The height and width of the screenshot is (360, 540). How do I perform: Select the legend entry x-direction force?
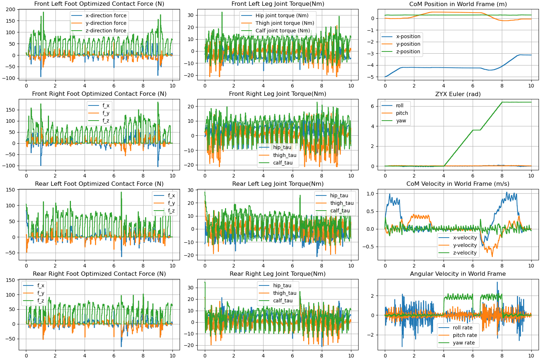(x=99, y=15)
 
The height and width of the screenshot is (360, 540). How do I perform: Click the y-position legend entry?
(x=401, y=44)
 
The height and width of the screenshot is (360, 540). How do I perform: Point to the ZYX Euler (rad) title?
(x=458, y=94)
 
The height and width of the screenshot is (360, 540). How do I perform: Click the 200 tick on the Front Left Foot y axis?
(x=10, y=9)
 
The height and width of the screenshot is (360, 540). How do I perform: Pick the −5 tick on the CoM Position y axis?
(x=371, y=77)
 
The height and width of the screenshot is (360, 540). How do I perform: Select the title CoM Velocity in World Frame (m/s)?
(x=458, y=184)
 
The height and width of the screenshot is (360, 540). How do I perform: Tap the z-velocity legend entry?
(x=458, y=253)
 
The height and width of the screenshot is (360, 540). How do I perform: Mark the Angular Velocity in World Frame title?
(x=458, y=274)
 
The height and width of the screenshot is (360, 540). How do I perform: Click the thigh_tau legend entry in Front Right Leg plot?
(x=278, y=155)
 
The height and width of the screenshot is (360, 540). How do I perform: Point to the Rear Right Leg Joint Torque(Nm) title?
(x=278, y=274)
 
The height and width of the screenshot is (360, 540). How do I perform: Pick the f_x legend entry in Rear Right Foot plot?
(x=33, y=285)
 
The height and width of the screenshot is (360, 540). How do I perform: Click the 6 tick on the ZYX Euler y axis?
(x=373, y=106)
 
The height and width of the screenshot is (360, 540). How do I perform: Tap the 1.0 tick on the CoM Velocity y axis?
(x=370, y=194)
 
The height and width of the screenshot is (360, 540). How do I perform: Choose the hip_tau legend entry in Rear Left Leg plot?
(x=332, y=195)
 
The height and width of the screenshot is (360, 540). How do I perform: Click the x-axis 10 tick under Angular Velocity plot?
(x=531, y=356)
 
